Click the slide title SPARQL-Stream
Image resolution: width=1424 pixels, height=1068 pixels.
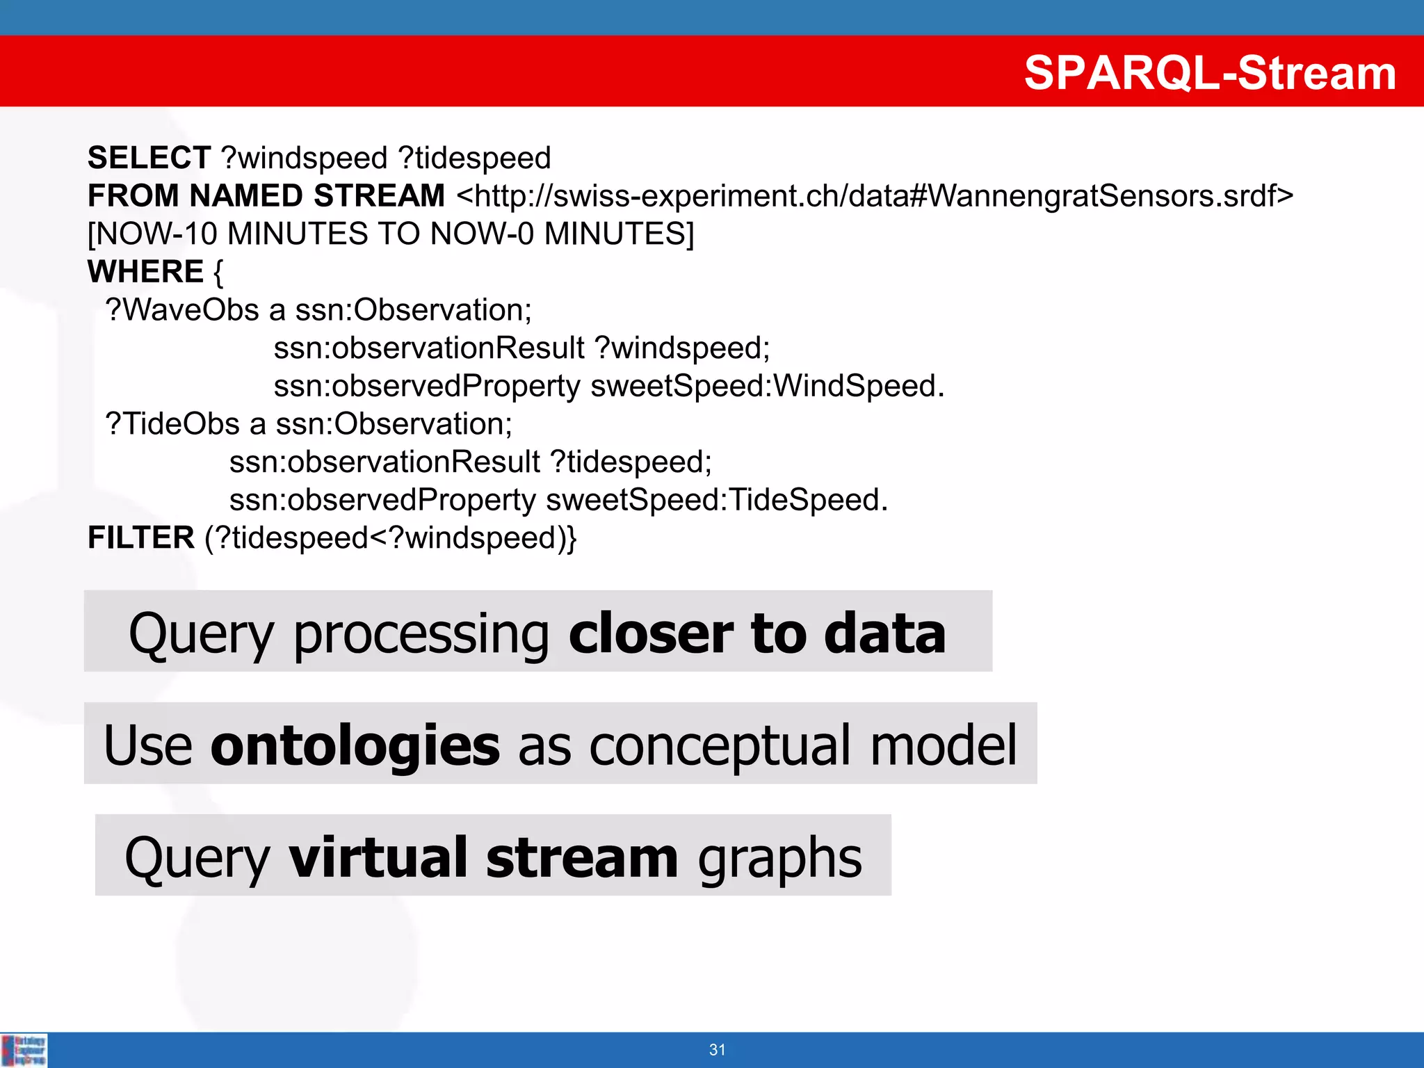1210,72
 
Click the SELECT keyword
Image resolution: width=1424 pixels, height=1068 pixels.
149,158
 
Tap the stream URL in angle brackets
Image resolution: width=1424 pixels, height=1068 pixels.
875,196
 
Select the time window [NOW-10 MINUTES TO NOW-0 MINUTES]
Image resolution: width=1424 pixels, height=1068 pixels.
391,234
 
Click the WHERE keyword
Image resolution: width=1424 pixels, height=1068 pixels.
145,271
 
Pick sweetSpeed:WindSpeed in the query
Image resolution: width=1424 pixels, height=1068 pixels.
767,386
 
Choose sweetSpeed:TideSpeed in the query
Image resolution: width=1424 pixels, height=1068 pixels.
716,500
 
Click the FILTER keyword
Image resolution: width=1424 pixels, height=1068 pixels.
141,537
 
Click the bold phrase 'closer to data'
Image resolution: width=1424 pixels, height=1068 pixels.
757,633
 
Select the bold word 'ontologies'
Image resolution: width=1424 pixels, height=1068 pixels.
355,745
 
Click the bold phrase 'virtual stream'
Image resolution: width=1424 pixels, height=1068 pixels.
483,857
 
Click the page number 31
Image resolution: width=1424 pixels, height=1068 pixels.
717,1050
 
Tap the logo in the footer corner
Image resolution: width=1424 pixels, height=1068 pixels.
24,1050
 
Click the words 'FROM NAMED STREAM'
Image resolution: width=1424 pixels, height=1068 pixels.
266,196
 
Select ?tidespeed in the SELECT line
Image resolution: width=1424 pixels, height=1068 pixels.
475,159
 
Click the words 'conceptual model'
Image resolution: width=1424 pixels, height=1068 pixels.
803,745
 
